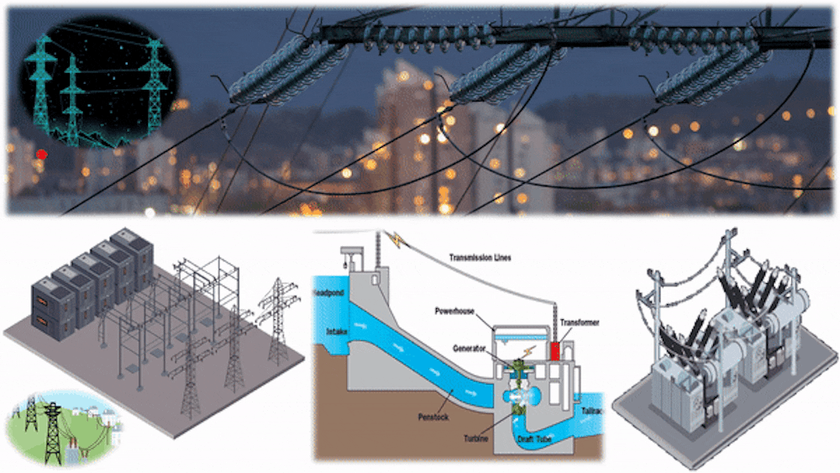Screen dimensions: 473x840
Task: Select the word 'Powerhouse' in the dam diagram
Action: pyautogui.click(x=457, y=309)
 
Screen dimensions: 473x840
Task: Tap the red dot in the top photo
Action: pyautogui.click(x=41, y=154)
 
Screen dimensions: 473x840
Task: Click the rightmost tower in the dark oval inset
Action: pyautogui.click(x=155, y=80)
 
